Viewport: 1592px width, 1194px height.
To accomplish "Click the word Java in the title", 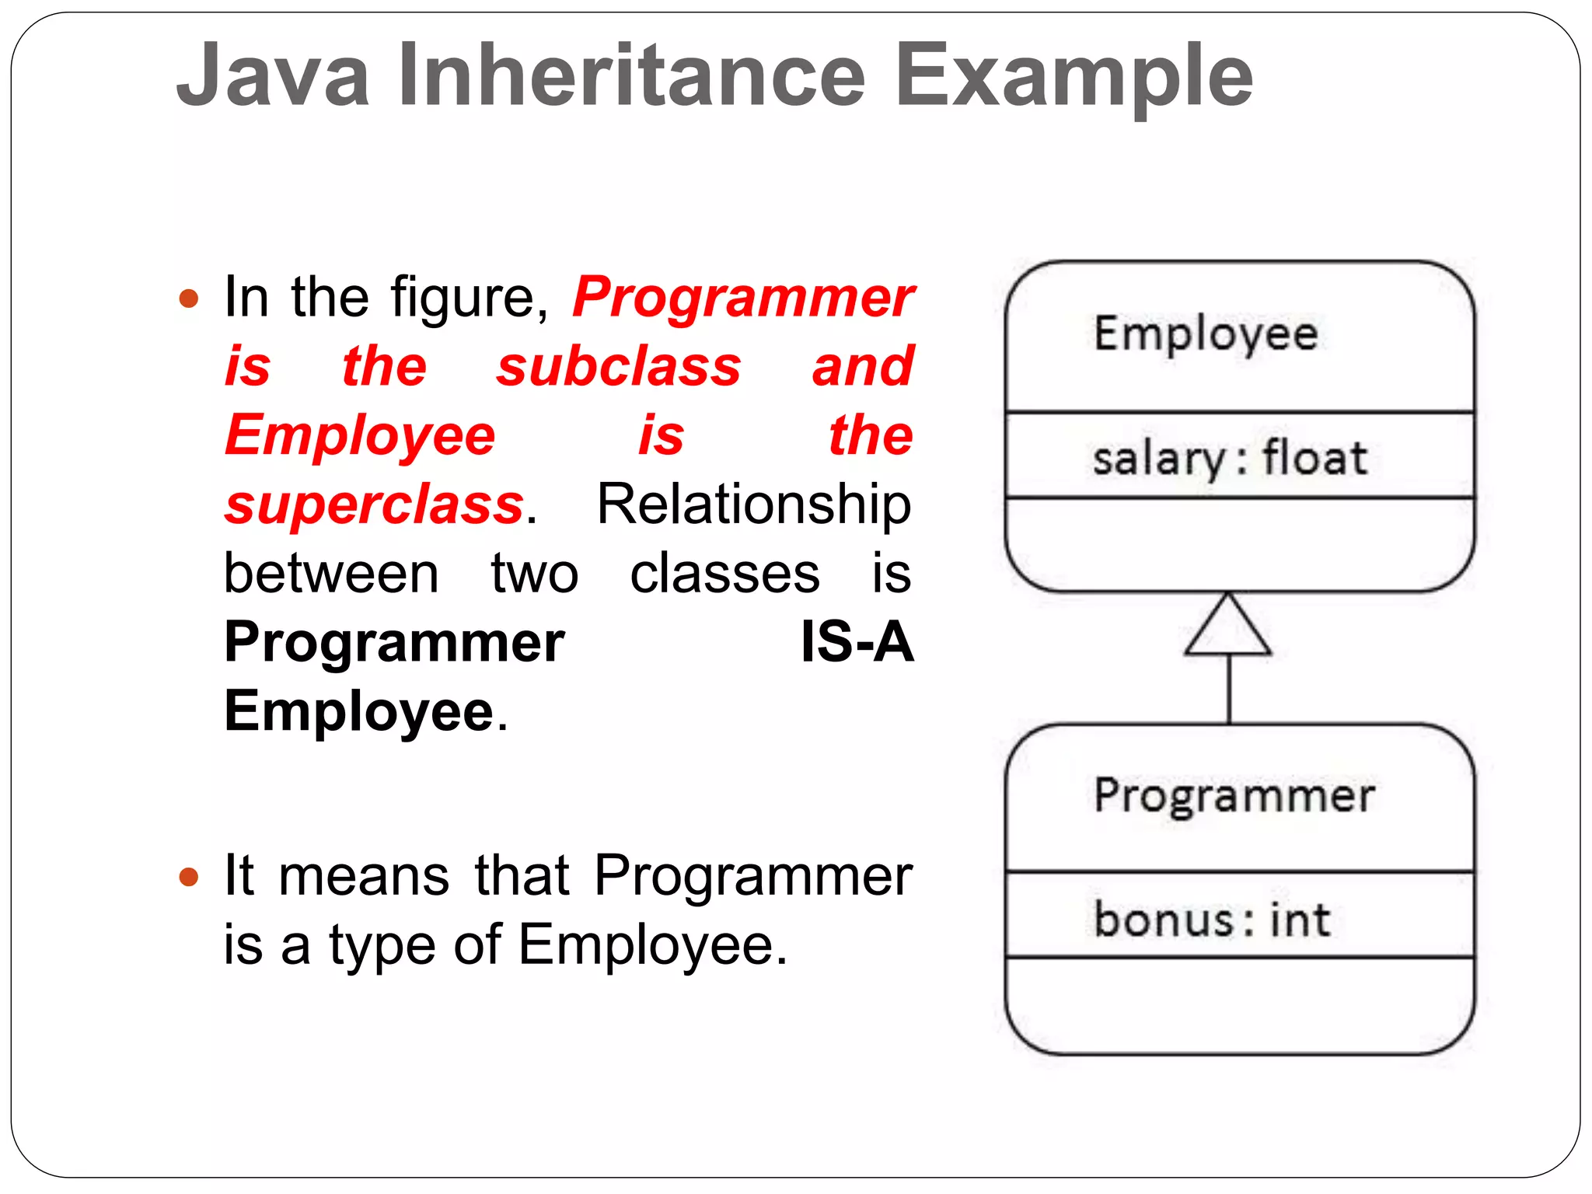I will (x=273, y=75).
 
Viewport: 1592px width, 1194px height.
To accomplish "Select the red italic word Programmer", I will (x=743, y=297).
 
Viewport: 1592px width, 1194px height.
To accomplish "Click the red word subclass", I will (x=619, y=366).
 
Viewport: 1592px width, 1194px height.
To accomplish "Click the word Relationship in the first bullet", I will (x=753, y=505).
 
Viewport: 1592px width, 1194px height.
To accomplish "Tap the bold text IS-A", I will (x=857, y=642).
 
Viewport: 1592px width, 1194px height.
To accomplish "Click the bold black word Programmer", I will (x=394, y=644).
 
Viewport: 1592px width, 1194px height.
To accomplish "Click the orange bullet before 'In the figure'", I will (x=189, y=298).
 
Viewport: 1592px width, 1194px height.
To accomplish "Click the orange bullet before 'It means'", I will (x=189, y=878).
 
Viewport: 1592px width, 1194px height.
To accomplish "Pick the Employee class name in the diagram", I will (x=1206, y=334).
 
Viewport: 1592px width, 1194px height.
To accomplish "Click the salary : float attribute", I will (x=1229, y=457).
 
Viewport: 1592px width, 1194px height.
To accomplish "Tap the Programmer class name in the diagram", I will (x=1234, y=796).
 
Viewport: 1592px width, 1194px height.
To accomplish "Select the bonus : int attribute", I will (x=1212, y=919).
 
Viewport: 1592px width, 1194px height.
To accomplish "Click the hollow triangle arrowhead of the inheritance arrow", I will (x=1228, y=628).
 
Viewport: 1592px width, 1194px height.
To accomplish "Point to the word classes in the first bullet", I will (x=724, y=574).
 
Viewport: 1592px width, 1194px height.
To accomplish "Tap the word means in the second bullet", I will (x=364, y=876).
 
